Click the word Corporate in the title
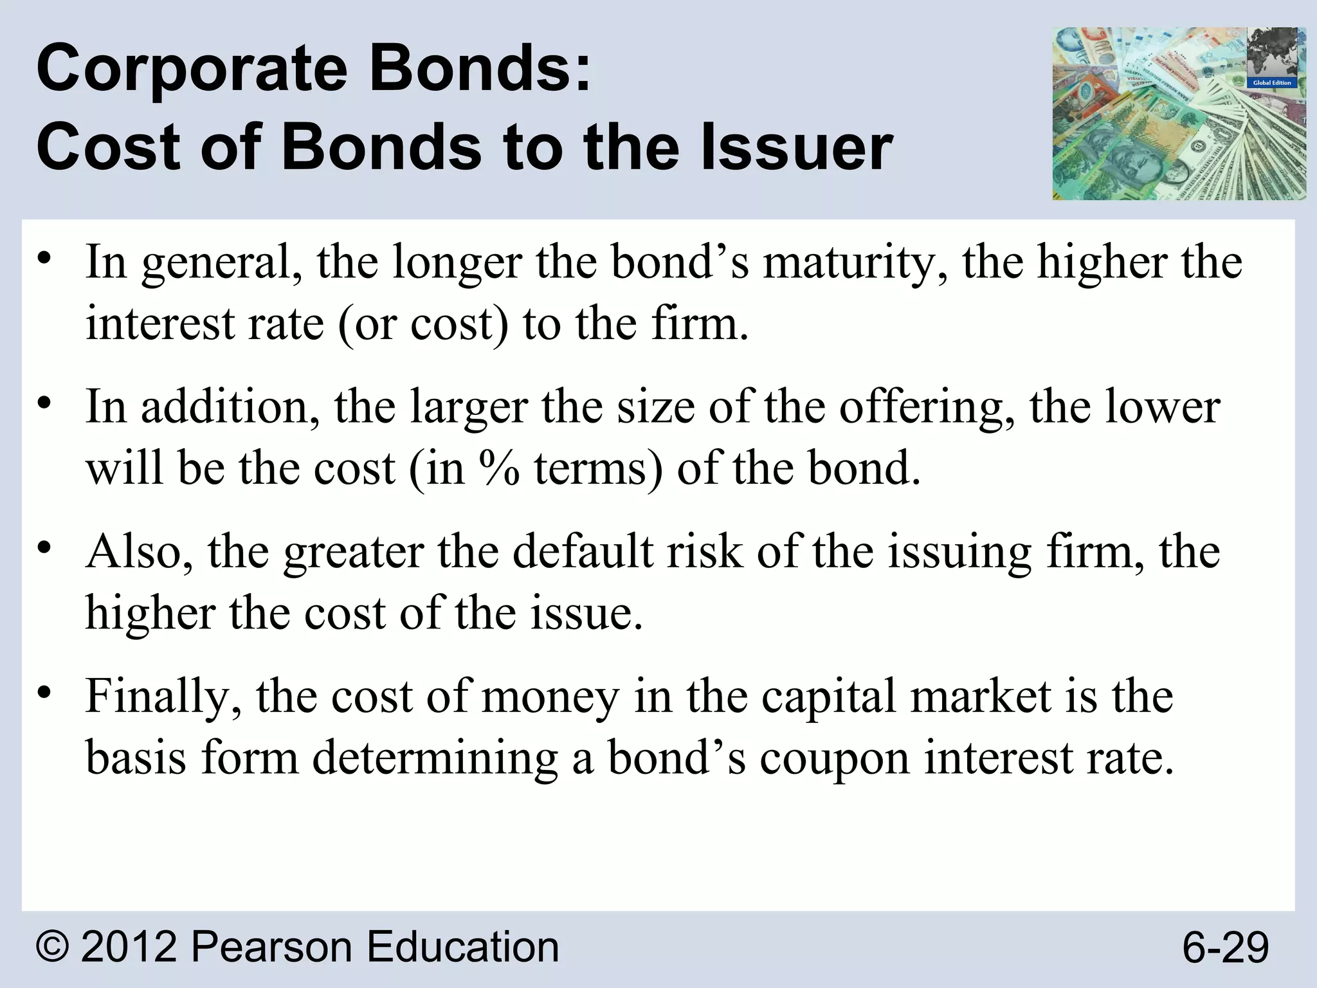click(192, 69)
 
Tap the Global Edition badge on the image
click(1271, 83)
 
